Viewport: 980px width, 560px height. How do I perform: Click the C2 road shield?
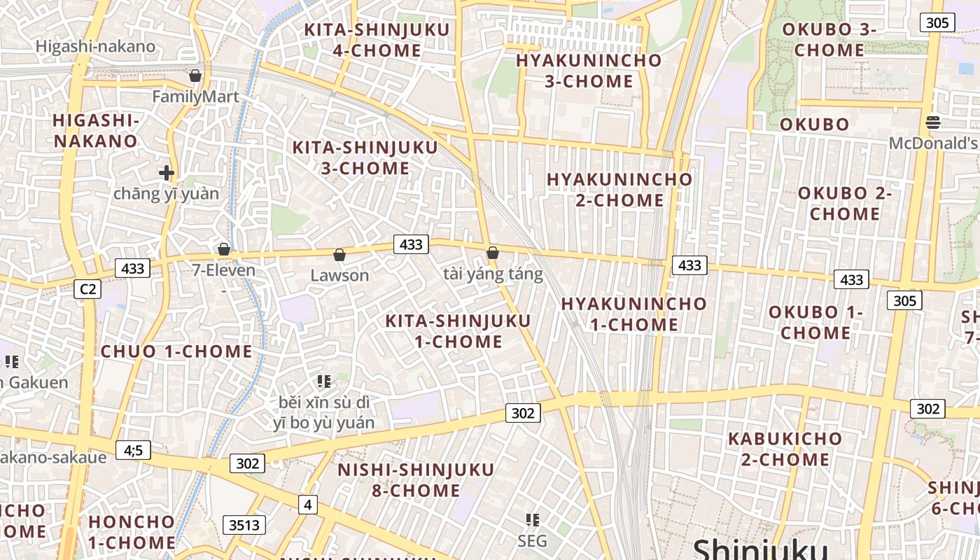coord(87,289)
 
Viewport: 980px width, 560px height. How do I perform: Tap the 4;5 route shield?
coord(133,450)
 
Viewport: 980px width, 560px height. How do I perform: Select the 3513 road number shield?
coord(244,524)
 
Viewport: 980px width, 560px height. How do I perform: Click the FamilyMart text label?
coord(195,97)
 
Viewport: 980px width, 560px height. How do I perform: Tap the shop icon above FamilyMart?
coord(195,76)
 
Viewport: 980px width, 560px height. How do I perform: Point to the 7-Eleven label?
coord(224,270)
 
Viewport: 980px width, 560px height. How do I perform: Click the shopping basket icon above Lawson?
coord(339,255)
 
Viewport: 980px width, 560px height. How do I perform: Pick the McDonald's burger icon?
coord(932,122)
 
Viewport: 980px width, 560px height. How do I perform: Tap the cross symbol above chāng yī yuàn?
coord(167,172)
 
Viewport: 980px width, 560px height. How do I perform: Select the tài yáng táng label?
coord(493,274)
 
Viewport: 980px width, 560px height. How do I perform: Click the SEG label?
coord(533,541)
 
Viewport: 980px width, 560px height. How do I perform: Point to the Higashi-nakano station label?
coord(95,47)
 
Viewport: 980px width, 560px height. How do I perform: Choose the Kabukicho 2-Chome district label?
coord(785,449)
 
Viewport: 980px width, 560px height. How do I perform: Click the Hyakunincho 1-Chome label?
coord(634,314)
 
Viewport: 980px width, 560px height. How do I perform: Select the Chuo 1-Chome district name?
coord(176,351)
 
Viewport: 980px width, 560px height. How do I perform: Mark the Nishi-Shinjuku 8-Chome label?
coord(416,479)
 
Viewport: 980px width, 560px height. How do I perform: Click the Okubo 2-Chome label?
coord(844,203)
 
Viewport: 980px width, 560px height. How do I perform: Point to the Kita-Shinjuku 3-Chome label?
coord(365,157)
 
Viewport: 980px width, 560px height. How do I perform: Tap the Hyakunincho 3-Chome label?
coord(589,71)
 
